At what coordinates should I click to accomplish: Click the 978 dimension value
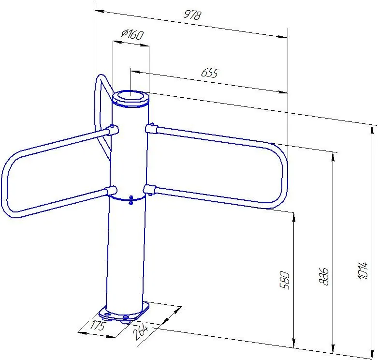tap(192, 15)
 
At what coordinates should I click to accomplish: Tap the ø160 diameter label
tap(132, 34)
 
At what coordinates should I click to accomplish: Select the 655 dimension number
tap(210, 73)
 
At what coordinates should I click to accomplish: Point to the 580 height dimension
tap(285, 280)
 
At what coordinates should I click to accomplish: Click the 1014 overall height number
tap(363, 270)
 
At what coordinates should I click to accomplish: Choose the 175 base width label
tap(98, 325)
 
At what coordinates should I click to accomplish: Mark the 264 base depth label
tap(141, 331)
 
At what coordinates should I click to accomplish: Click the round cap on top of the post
tap(131, 98)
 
